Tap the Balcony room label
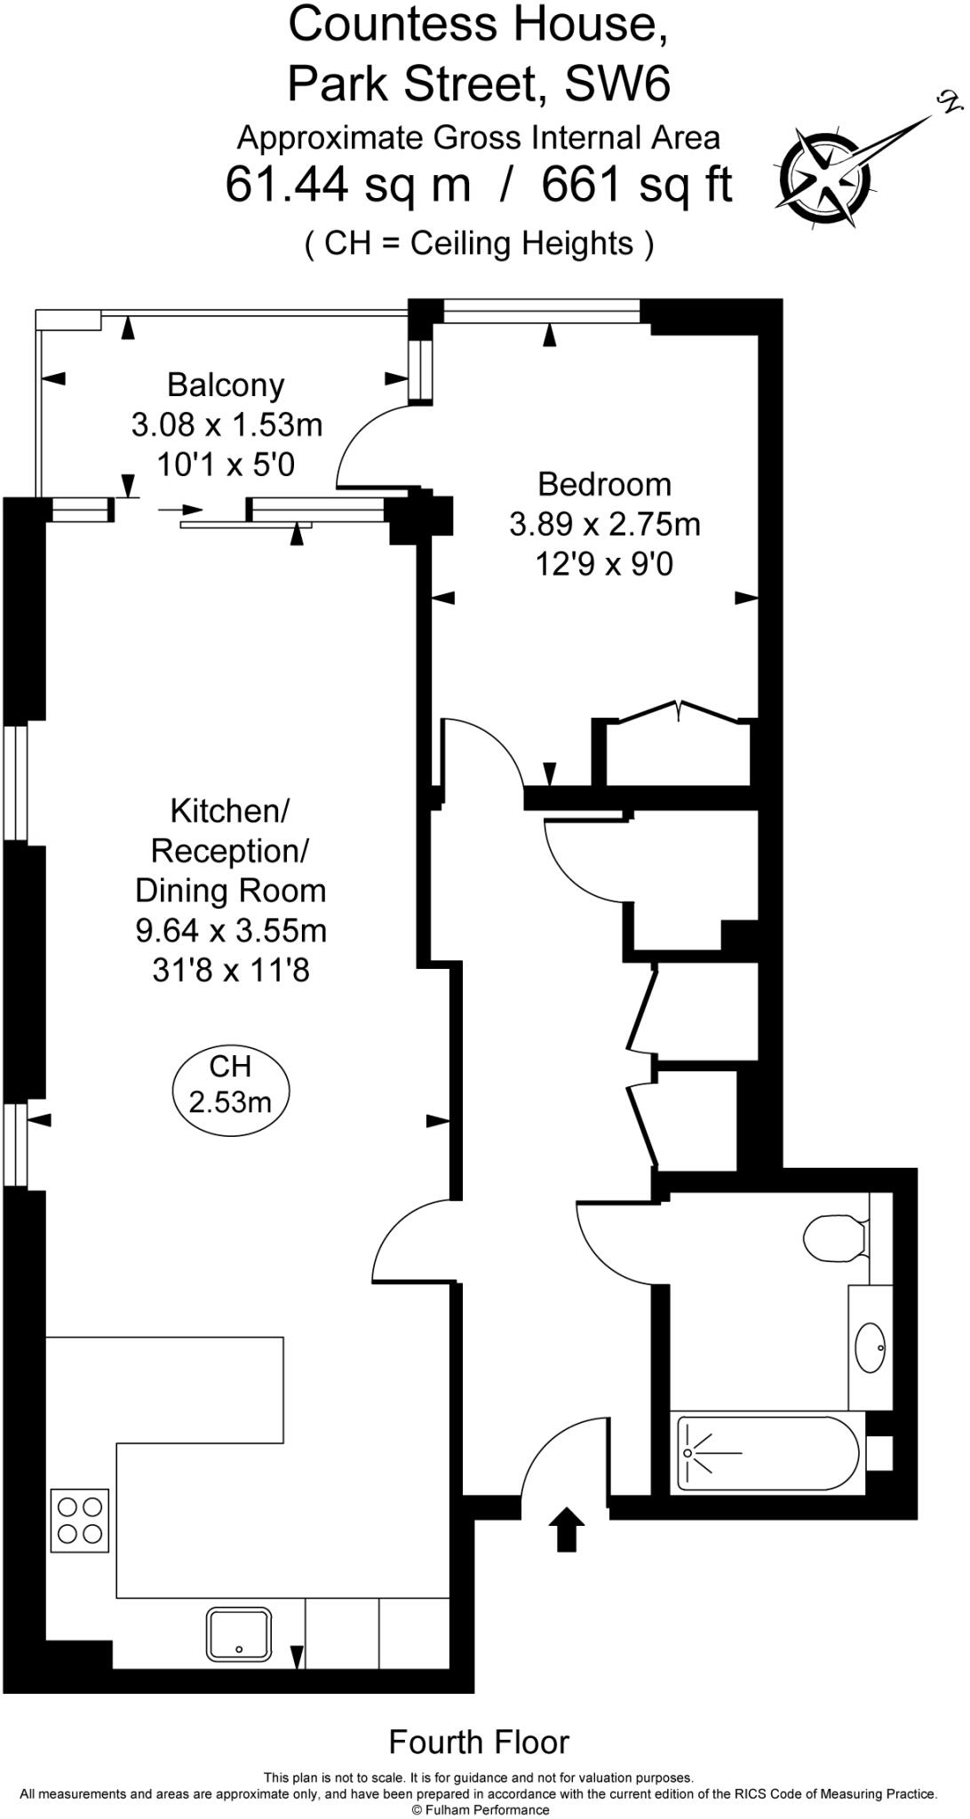(x=226, y=385)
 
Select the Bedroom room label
(x=604, y=485)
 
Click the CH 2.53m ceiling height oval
(x=230, y=1084)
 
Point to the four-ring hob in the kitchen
(x=79, y=1520)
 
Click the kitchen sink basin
(x=239, y=1634)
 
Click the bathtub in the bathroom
(x=769, y=1453)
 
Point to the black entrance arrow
(x=566, y=1528)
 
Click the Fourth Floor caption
(x=479, y=1743)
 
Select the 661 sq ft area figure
(x=636, y=186)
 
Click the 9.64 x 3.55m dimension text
(x=231, y=931)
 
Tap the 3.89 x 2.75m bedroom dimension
(x=604, y=525)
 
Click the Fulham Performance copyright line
(x=481, y=1810)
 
